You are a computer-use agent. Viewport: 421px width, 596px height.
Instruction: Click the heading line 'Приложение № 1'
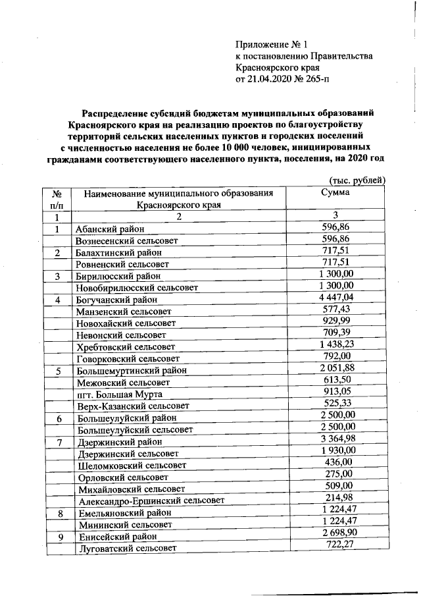click(272, 45)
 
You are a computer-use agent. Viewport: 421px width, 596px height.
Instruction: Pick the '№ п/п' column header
click(57, 199)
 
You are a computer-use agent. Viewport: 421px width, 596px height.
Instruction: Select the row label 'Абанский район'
click(109, 229)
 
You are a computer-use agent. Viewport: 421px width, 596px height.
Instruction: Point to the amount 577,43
click(335, 309)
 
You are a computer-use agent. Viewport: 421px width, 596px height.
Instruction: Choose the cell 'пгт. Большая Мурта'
click(118, 394)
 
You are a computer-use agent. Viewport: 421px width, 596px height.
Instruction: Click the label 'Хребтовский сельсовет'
click(126, 346)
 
